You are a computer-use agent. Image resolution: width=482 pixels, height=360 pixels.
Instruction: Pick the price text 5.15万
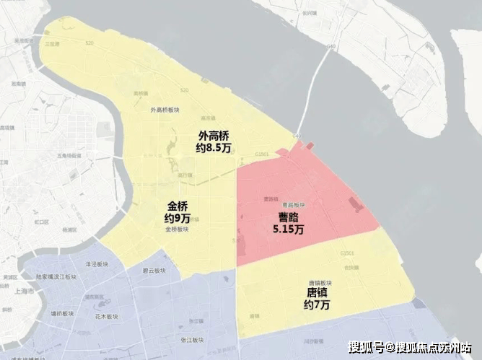pos(288,229)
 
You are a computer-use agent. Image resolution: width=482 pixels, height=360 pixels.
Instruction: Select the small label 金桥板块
pos(177,229)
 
